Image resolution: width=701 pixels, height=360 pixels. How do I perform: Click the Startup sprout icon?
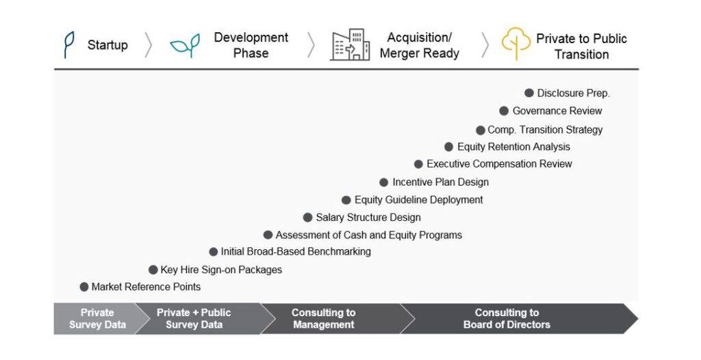click(x=68, y=44)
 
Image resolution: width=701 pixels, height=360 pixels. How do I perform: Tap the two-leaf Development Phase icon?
click(x=185, y=45)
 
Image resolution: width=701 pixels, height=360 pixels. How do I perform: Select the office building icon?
click(x=350, y=44)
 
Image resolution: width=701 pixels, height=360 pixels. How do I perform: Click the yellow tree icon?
click(x=516, y=44)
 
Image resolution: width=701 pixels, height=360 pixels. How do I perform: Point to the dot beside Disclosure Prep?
click(x=529, y=93)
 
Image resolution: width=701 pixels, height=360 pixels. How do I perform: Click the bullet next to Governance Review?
click(x=504, y=111)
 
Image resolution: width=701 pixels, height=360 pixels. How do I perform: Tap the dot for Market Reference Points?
click(x=84, y=287)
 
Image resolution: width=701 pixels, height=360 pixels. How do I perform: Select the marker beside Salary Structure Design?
click(x=307, y=218)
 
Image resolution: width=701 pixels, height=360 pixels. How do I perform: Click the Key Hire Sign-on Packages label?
click(x=221, y=270)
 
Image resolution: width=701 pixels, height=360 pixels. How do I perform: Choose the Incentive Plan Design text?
click(x=440, y=182)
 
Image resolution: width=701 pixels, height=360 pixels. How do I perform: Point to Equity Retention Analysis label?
click(x=513, y=146)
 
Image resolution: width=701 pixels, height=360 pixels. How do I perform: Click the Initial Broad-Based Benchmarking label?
click(x=296, y=252)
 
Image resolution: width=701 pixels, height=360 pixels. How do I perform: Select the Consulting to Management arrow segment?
click(x=331, y=319)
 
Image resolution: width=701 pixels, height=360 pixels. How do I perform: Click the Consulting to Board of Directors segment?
click(x=514, y=319)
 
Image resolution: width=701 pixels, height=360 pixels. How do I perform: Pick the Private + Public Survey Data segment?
click(x=199, y=319)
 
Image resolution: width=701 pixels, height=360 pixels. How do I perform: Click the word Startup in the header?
click(x=107, y=45)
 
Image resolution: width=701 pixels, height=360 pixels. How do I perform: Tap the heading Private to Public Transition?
click(x=582, y=47)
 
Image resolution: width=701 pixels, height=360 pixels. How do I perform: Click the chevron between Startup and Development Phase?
click(x=149, y=45)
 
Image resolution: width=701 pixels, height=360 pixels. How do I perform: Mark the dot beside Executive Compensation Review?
click(x=418, y=164)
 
